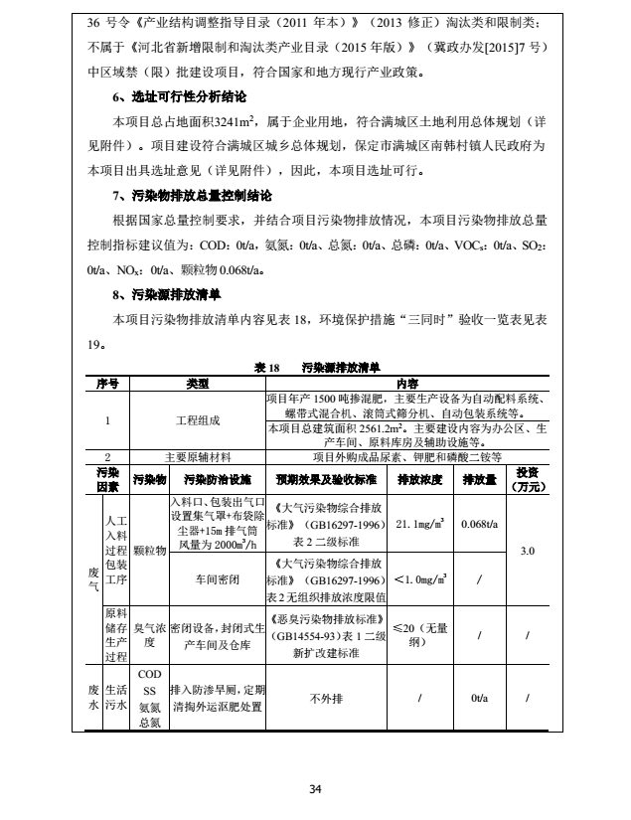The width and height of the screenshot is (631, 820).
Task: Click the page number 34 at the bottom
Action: (x=315, y=789)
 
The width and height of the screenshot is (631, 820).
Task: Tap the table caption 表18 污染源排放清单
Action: (x=317, y=367)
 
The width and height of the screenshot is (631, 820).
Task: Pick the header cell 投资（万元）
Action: (x=527, y=479)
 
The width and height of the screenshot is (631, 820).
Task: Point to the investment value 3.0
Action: (x=527, y=550)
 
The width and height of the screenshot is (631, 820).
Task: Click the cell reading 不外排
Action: (x=325, y=699)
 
